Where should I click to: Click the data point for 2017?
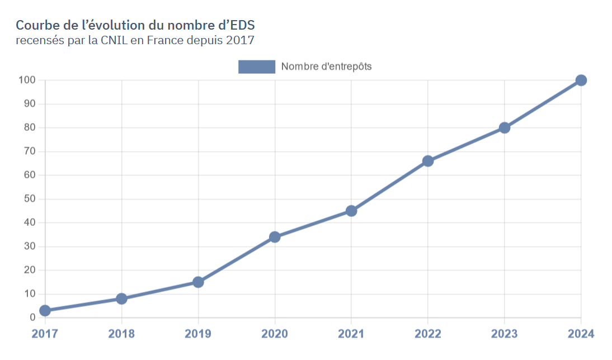point(45,310)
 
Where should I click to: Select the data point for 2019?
point(198,282)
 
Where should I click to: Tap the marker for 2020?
point(275,237)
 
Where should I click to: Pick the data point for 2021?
point(351,211)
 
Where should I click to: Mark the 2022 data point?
point(428,161)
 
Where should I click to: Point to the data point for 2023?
point(505,127)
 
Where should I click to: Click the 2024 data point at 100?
point(581,80)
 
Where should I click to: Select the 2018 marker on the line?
point(121,299)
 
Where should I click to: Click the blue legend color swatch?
point(257,67)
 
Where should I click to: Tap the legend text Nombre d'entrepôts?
point(326,67)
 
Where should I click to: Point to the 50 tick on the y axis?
point(29,199)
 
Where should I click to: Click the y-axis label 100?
point(27,80)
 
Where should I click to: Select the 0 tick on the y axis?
point(32,318)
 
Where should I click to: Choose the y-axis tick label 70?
point(29,151)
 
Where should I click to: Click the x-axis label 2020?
point(275,334)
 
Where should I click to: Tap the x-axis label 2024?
point(581,334)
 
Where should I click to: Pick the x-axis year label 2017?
point(45,334)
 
